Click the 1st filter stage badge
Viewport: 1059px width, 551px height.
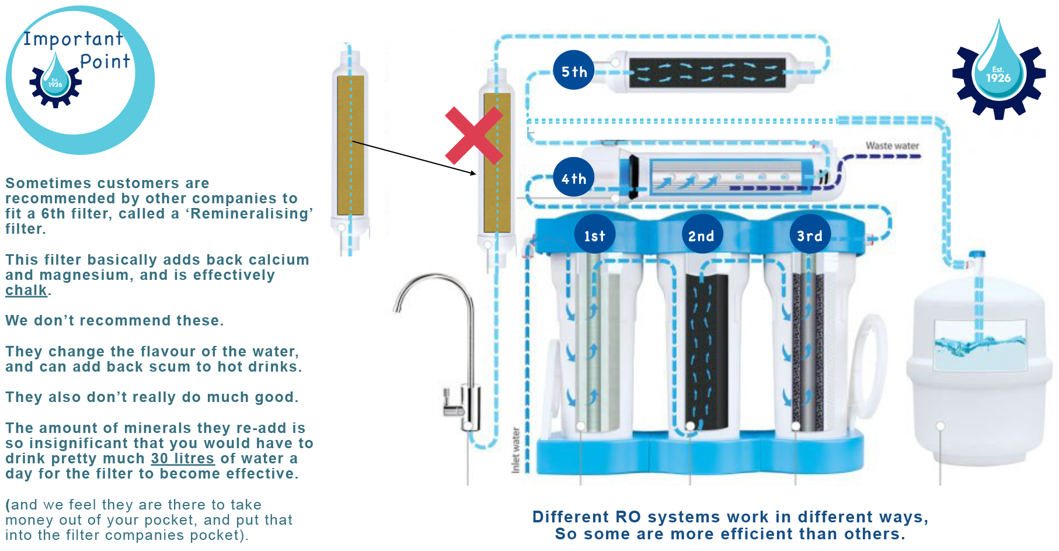click(x=594, y=235)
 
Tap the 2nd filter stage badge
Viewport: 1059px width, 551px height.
click(x=701, y=235)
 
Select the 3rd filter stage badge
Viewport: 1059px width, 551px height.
click(x=810, y=235)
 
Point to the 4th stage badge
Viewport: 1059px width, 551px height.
click(x=573, y=178)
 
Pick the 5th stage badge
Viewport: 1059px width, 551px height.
click(x=573, y=71)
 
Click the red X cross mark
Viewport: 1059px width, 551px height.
click(x=473, y=136)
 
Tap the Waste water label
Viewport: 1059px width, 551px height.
click(x=892, y=145)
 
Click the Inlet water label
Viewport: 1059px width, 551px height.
click(x=515, y=450)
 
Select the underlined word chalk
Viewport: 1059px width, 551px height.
click(x=26, y=290)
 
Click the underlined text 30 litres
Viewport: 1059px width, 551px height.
click(x=183, y=459)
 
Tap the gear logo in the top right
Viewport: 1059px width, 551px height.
click(x=998, y=73)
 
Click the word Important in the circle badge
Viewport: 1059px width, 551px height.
click(x=73, y=39)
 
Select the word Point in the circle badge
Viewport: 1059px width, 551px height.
click(x=105, y=61)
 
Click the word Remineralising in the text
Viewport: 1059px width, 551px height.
click(x=251, y=214)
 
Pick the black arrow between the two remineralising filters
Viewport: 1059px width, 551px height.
click(x=414, y=158)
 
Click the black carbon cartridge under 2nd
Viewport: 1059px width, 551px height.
click(x=706, y=351)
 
